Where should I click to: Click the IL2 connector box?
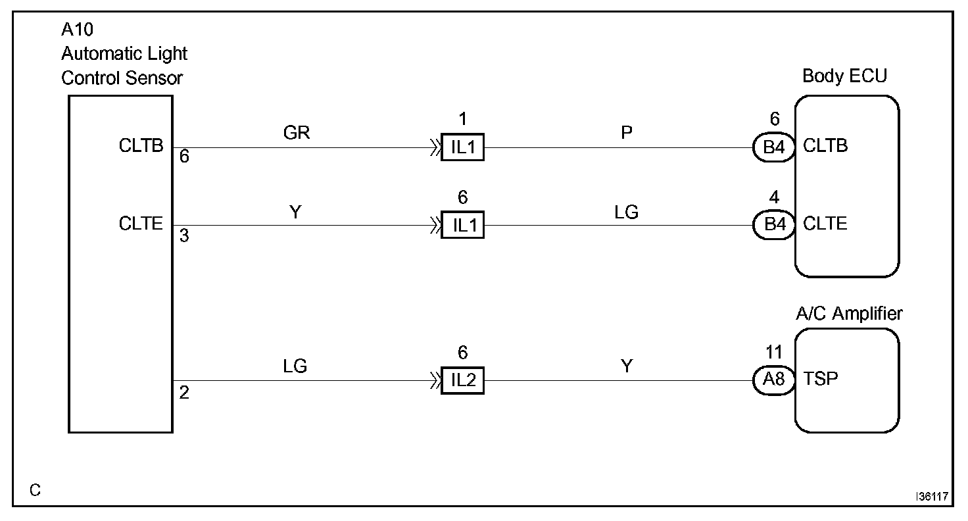[x=462, y=380]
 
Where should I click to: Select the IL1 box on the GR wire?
[x=462, y=147]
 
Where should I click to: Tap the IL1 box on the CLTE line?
[x=462, y=226]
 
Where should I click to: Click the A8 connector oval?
[x=773, y=380]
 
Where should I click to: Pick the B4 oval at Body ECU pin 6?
[x=773, y=147]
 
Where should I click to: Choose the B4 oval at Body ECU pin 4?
[x=773, y=226]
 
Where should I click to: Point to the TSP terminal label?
[x=821, y=380]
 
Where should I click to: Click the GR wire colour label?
[x=296, y=134]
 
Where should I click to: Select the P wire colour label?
[x=627, y=134]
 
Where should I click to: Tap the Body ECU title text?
[x=844, y=76]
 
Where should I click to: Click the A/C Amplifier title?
[x=849, y=314]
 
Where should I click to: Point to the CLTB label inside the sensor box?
[x=141, y=146]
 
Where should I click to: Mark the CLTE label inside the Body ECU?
[x=825, y=224]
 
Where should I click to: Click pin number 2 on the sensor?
[x=185, y=393]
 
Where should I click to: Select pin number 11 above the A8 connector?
[x=774, y=352]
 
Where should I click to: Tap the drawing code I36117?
[x=933, y=497]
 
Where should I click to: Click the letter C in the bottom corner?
[x=36, y=491]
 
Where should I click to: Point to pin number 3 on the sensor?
[x=184, y=236]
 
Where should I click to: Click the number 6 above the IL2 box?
[x=462, y=353]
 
